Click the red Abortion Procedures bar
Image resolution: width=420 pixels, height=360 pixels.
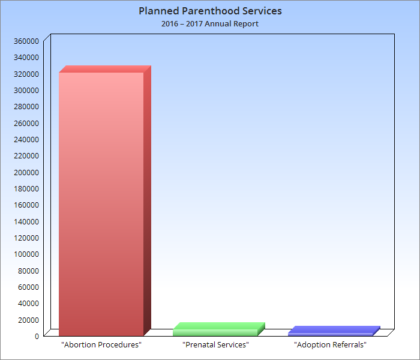click(101, 203)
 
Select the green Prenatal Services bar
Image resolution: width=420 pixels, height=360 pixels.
click(215, 332)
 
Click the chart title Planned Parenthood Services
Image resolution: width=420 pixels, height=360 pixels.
click(210, 11)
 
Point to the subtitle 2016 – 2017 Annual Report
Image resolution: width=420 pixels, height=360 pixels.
click(210, 24)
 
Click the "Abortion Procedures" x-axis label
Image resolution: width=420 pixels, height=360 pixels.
click(101, 345)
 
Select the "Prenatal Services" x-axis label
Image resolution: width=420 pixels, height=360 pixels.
click(215, 345)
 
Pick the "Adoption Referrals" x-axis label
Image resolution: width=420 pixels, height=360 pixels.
click(330, 345)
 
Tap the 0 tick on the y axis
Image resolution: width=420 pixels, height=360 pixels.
click(37, 336)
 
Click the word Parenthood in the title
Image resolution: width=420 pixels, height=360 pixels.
click(208, 11)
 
